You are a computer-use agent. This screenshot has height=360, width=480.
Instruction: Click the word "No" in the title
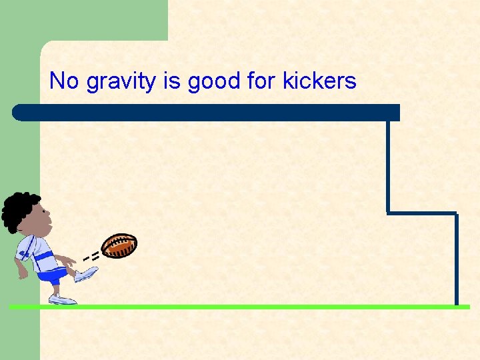[x=64, y=81]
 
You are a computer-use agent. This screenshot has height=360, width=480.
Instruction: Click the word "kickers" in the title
[x=319, y=81]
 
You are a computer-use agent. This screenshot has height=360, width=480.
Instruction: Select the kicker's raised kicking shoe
[x=86, y=273]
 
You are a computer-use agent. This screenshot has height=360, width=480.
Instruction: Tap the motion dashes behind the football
[x=91, y=255]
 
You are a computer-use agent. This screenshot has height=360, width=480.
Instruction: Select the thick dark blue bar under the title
[x=200, y=113]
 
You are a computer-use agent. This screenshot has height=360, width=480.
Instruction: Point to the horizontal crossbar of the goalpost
[x=421, y=213]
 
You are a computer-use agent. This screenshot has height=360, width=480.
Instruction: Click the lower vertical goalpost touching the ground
[x=457, y=260]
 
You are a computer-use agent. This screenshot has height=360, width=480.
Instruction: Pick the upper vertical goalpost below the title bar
[x=387, y=167]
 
